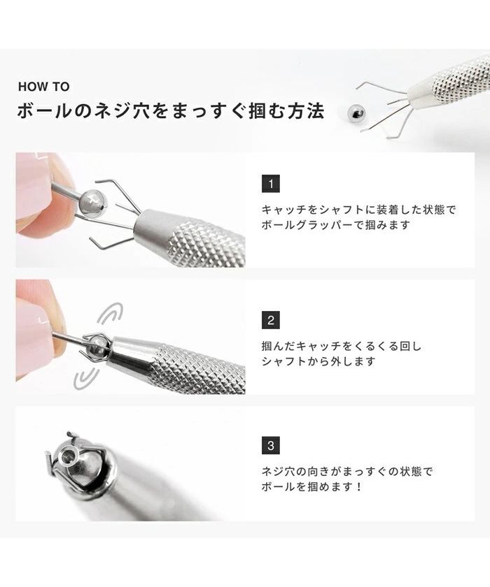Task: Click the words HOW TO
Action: pyautogui.click(x=44, y=87)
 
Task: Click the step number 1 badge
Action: pyautogui.click(x=271, y=183)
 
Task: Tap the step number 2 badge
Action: pyautogui.click(x=271, y=320)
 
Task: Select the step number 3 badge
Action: pyautogui.click(x=271, y=446)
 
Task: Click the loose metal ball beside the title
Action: pyautogui.click(x=356, y=113)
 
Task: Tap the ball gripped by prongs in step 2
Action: pyautogui.click(x=97, y=345)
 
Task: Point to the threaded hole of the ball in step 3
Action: pyautogui.click(x=69, y=456)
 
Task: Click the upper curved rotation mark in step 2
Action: pyautogui.click(x=111, y=314)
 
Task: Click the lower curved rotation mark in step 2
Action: pyautogui.click(x=86, y=378)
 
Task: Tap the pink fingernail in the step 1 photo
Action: pyautogui.click(x=33, y=187)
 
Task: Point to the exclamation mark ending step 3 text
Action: pyautogui.click(x=359, y=486)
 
